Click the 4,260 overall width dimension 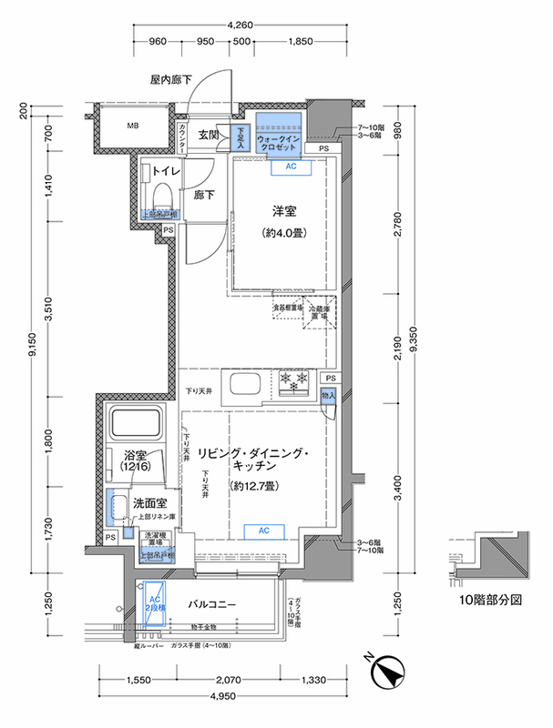point(240,25)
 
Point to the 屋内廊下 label point(171,80)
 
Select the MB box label point(132,126)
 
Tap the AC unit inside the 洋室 point(292,167)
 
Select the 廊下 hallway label point(203,194)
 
